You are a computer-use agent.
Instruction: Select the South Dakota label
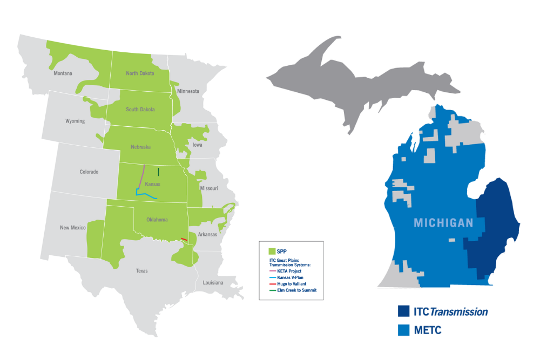click(x=140, y=110)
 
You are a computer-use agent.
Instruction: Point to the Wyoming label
click(x=75, y=121)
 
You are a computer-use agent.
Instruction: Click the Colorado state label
click(x=89, y=172)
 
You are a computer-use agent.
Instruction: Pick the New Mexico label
click(x=72, y=228)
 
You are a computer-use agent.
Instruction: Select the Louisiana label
click(x=213, y=283)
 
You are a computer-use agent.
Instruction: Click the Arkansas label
click(x=207, y=234)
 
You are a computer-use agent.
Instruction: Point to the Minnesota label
click(x=188, y=91)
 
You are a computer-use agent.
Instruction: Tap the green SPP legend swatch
click(x=272, y=251)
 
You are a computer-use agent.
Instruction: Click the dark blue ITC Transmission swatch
click(x=403, y=311)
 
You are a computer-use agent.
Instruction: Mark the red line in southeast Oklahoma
click(x=184, y=239)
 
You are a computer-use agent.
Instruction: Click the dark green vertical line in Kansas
click(x=158, y=172)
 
